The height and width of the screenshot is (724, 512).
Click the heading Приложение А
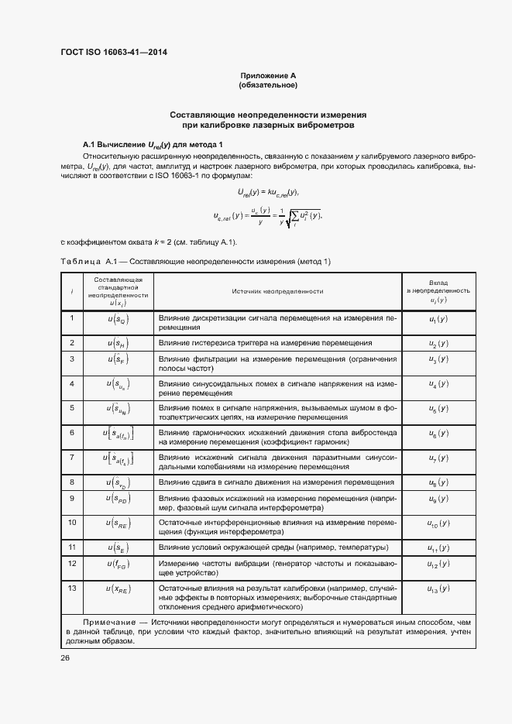(268, 75)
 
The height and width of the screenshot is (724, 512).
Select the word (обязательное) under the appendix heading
(268, 84)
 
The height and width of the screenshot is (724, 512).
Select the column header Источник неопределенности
(277, 291)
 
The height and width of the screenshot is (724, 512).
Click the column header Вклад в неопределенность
(438, 291)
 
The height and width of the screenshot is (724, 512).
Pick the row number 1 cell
(72, 317)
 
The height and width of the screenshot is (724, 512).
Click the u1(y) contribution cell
(438, 318)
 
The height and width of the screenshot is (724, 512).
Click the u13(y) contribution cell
(438, 589)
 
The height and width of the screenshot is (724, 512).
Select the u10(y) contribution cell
(438, 523)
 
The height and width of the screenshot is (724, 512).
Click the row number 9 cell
(72, 498)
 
